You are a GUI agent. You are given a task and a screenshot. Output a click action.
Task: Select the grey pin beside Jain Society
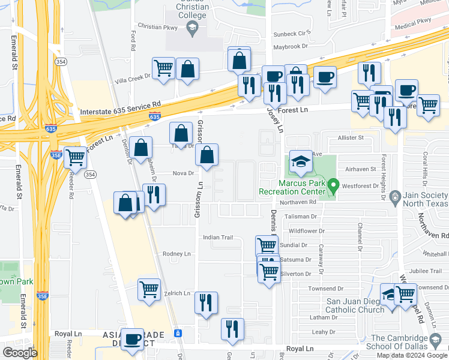pos(394,196)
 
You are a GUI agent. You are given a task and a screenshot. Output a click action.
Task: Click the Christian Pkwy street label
pos(158,27)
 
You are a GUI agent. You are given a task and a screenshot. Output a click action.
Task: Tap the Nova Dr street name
pos(183,173)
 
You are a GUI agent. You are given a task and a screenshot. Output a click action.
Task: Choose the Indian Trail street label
pos(217,238)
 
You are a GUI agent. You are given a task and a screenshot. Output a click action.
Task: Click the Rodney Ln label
pos(176,254)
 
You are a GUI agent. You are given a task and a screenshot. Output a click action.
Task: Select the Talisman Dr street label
pos(301,216)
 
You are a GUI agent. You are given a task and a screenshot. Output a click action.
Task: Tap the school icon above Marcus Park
pos(301,161)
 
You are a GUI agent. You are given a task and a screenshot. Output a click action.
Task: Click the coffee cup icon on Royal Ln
pos(132,338)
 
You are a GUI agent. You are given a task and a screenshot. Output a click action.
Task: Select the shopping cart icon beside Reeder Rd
pos(76,157)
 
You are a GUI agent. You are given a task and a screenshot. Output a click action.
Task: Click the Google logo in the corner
pos(19,353)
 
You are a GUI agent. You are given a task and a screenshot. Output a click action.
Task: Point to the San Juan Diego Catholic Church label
pos(355,305)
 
